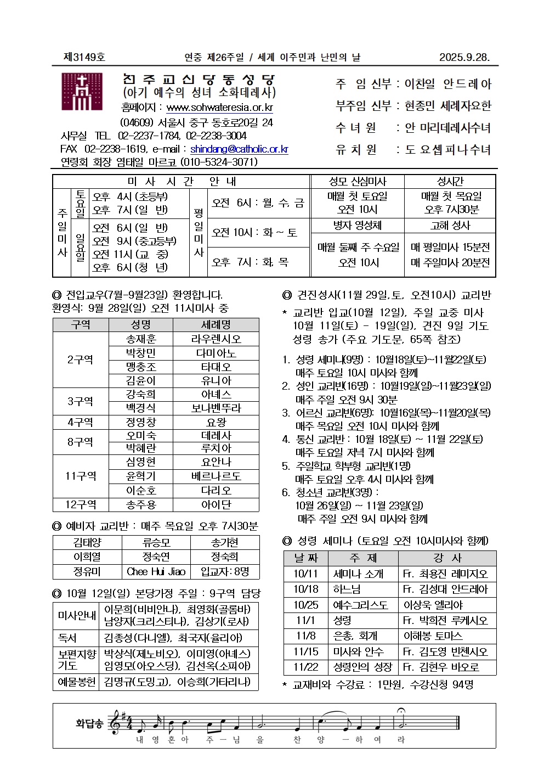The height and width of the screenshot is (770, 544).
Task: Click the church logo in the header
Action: point(82,92)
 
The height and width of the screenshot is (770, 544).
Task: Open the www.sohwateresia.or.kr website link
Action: point(219,108)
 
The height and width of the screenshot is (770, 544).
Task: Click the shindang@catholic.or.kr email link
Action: point(239,149)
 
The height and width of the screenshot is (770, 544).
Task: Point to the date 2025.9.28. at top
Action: point(464,57)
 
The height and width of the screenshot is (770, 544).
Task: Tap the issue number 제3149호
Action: point(84,57)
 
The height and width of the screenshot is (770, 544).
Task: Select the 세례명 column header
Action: point(216,325)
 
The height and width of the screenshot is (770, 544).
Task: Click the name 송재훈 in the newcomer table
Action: point(141,339)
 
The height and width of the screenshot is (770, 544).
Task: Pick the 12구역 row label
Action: point(81,504)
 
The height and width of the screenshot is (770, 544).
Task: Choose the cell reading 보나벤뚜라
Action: point(216,408)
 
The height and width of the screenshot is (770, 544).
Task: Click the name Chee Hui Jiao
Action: point(156,571)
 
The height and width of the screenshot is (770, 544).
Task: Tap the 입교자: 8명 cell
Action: point(225,571)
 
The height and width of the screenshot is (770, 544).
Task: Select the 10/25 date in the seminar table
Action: point(305,605)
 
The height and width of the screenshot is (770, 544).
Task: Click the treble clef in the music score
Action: point(116,723)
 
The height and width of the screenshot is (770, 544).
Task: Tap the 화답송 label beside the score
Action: point(89,723)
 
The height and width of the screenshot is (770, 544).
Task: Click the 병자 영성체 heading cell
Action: point(358,226)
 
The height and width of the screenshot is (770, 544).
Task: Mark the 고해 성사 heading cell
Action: point(450,226)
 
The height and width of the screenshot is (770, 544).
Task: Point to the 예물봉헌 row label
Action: point(76,682)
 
